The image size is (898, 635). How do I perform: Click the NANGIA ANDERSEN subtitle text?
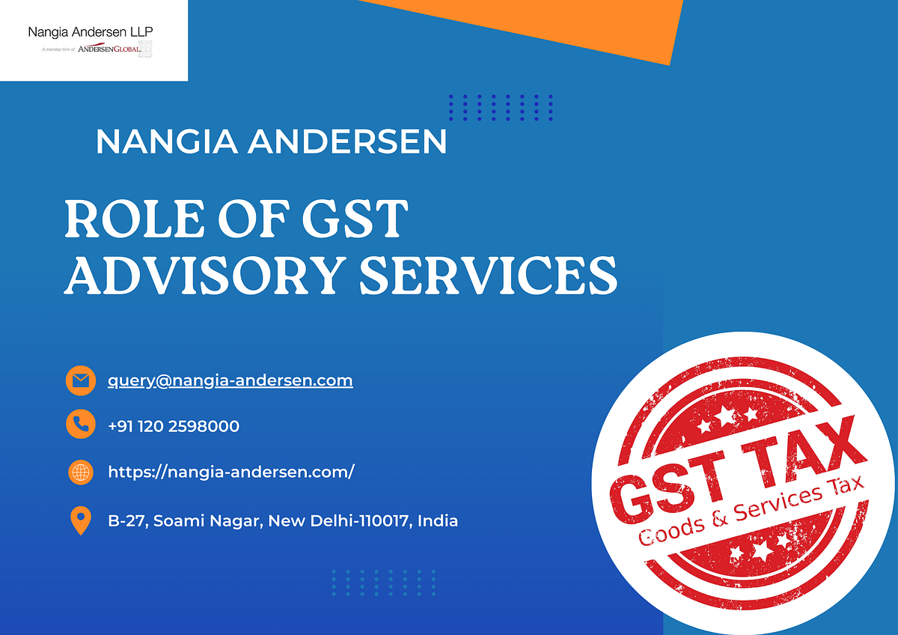[271, 142]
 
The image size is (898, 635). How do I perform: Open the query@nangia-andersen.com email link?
[230, 380]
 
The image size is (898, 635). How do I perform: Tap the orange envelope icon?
[80, 380]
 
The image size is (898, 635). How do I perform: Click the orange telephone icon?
[80, 425]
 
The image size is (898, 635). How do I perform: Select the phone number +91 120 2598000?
[174, 426]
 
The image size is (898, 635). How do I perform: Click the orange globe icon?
[80, 472]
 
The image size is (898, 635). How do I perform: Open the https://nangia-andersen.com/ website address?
[231, 472]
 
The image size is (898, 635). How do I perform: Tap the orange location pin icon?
[80, 520]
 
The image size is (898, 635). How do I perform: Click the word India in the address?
[438, 520]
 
